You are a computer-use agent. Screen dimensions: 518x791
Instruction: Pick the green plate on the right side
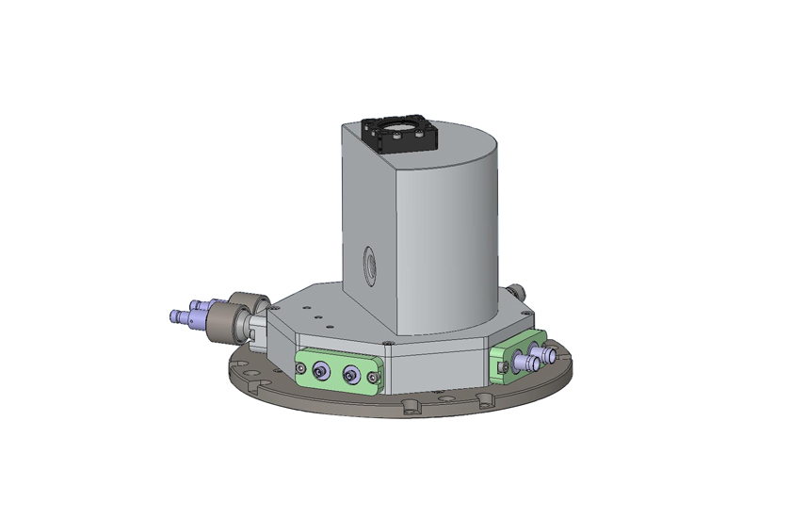pos(516,357)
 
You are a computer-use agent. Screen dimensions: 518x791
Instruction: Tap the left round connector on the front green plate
pos(319,373)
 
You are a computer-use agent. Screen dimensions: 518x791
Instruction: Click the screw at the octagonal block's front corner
pos(387,342)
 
